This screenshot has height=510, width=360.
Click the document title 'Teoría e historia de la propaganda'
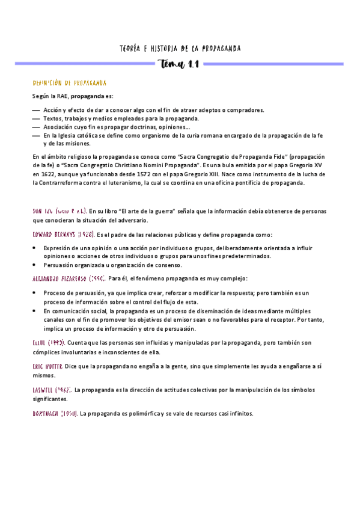click(180, 48)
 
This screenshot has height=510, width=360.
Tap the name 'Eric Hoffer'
click(47, 366)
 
